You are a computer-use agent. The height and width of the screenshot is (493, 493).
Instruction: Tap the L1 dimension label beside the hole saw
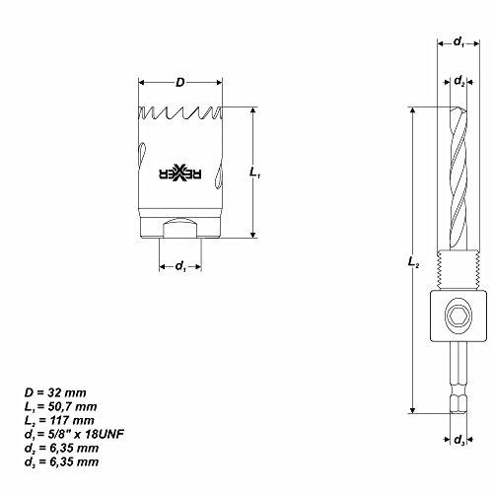[255, 174]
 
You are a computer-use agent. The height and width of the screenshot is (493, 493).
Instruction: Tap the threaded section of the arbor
[459, 279]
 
